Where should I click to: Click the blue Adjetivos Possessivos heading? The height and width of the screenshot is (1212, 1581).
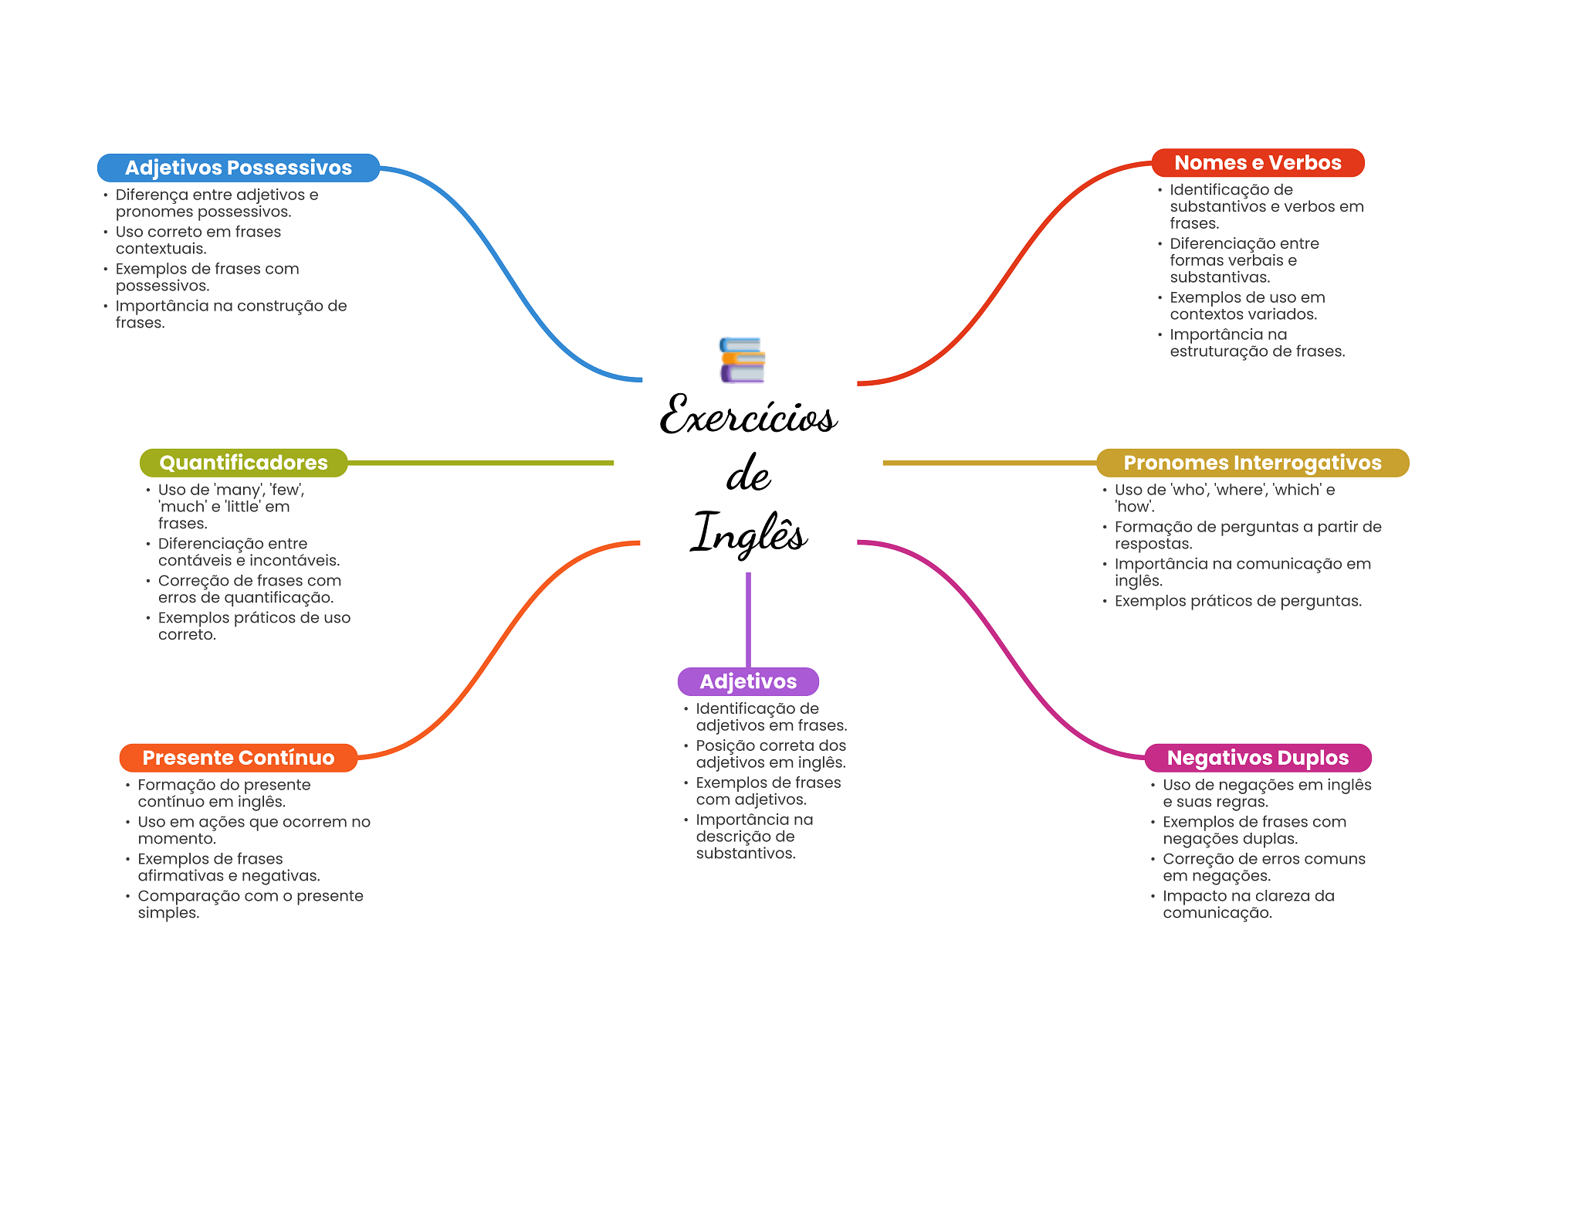(x=239, y=168)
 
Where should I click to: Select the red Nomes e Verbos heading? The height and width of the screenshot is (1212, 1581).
(x=1258, y=163)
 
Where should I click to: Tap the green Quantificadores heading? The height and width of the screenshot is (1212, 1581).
(x=244, y=463)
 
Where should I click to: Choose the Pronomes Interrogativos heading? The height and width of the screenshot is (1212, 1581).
(x=1253, y=463)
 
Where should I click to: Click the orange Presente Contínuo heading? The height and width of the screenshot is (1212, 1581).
(x=239, y=758)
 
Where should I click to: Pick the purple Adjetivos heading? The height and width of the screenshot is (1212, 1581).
(x=748, y=681)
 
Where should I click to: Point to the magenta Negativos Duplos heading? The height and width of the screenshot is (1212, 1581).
(x=1258, y=758)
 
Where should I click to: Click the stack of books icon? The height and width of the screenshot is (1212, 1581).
(x=742, y=360)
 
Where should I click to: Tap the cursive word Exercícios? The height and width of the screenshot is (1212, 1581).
(x=748, y=415)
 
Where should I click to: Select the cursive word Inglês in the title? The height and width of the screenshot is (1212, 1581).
(x=748, y=532)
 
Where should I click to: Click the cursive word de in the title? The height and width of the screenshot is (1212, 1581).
(x=748, y=473)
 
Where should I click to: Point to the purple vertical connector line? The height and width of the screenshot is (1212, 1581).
(x=748, y=620)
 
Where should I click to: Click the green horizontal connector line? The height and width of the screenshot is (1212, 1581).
(x=481, y=463)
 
